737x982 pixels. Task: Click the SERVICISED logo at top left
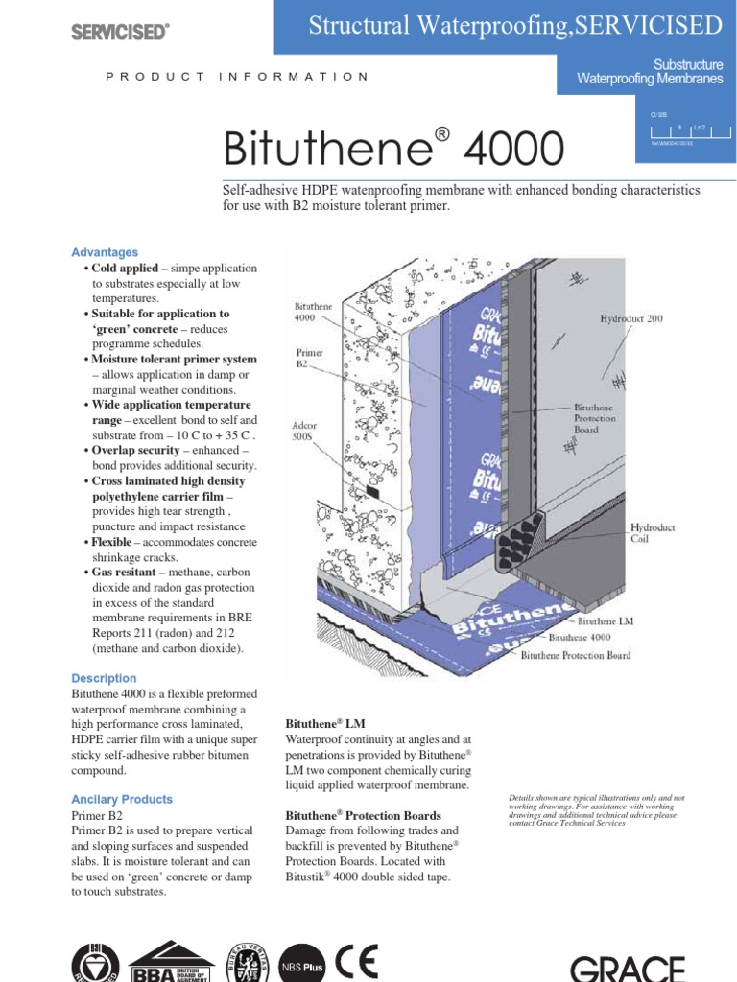(x=120, y=32)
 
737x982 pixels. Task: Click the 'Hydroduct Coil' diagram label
(x=653, y=533)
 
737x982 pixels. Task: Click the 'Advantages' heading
(x=105, y=252)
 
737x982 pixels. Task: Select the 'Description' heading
(x=104, y=678)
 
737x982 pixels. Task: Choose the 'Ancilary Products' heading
(x=122, y=799)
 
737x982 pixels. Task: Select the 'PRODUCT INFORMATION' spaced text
(x=236, y=76)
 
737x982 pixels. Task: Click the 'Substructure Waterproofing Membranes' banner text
(x=649, y=72)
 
